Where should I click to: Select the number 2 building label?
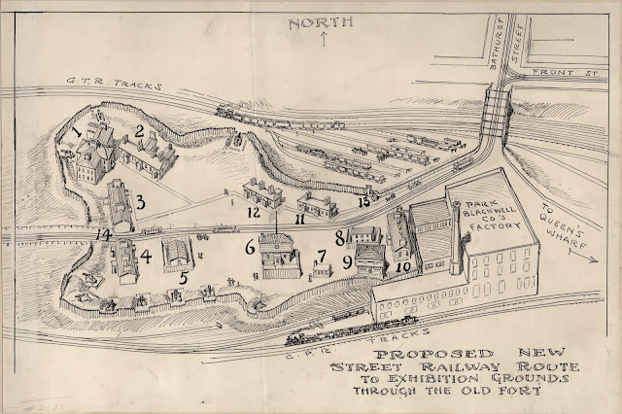click(x=139, y=130)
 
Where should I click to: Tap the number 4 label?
click(x=145, y=258)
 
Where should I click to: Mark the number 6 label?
click(x=250, y=249)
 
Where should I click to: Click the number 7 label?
click(x=322, y=258)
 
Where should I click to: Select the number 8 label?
click(x=340, y=235)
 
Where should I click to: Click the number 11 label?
click(x=299, y=220)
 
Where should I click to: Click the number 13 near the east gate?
click(x=363, y=201)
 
